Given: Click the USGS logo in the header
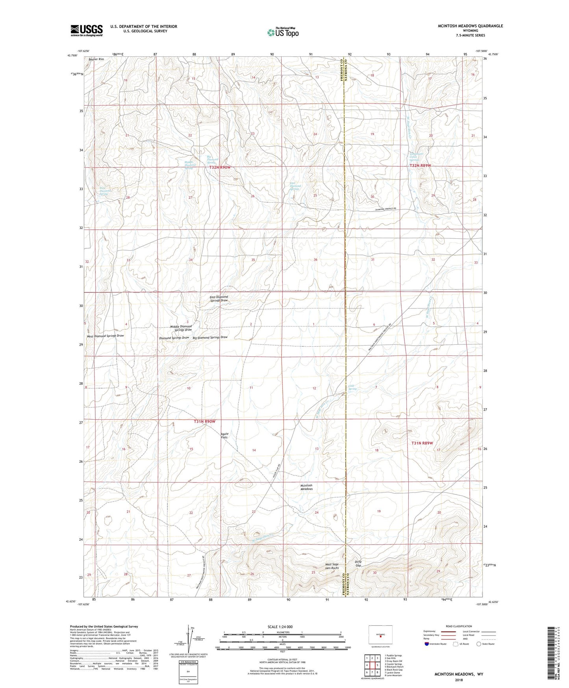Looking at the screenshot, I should pos(87,30).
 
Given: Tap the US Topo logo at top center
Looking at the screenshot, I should pos(283,32).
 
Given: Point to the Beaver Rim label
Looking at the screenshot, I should pos(96,59).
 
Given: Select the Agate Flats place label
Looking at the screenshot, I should pos(224,435).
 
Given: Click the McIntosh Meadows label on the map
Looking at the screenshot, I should pos(306,487).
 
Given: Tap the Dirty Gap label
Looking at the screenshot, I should pos(358,563).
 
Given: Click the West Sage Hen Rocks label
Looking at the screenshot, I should pos(332,566).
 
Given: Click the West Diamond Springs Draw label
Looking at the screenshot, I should pos(105,336).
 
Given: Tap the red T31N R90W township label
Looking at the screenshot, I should pos(205,422).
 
